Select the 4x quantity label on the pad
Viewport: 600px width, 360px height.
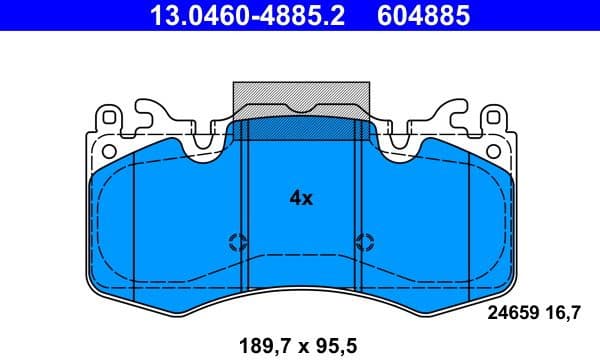click(301, 198)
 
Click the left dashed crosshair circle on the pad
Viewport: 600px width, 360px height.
click(238, 240)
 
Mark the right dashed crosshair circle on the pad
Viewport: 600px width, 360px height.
click(365, 240)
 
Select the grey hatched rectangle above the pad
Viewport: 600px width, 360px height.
click(301, 97)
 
